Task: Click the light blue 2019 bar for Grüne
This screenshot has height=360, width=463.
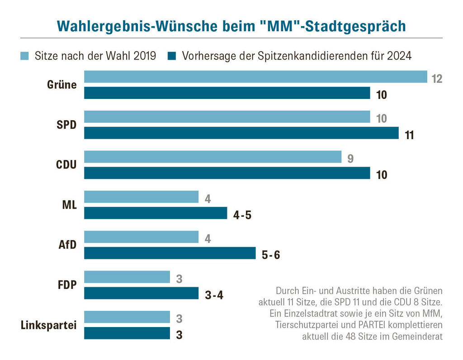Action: tap(255, 77)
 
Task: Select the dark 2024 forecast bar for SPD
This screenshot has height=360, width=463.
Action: tap(241, 133)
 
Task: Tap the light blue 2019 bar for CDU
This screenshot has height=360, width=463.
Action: tap(213, 157)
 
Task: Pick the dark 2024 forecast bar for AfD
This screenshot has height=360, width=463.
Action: tap(170, 253)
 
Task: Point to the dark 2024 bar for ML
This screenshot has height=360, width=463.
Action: tap(156, 213)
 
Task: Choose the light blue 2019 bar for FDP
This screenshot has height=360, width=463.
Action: tap(127, 277)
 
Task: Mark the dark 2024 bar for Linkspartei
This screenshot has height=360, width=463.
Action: tap(127, 333)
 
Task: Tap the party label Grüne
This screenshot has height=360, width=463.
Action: tap(62, 85)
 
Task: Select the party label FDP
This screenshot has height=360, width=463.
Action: tap(66, 285)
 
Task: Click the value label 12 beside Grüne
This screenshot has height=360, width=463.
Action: tap(436, 79)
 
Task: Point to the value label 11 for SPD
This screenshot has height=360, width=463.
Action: tap(409, 135)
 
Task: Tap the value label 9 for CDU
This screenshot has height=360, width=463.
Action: tap(350, 159)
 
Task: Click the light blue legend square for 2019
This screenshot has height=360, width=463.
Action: tap(25, 56)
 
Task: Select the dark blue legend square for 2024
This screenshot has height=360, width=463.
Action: tap(171, 56)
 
